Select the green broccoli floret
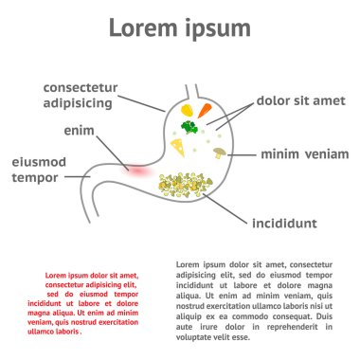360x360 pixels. (189, 125)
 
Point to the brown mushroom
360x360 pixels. (220, 151)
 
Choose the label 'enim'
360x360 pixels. (79, 129)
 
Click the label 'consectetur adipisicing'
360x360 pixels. (91, 94)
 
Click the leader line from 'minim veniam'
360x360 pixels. (241, 153)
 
